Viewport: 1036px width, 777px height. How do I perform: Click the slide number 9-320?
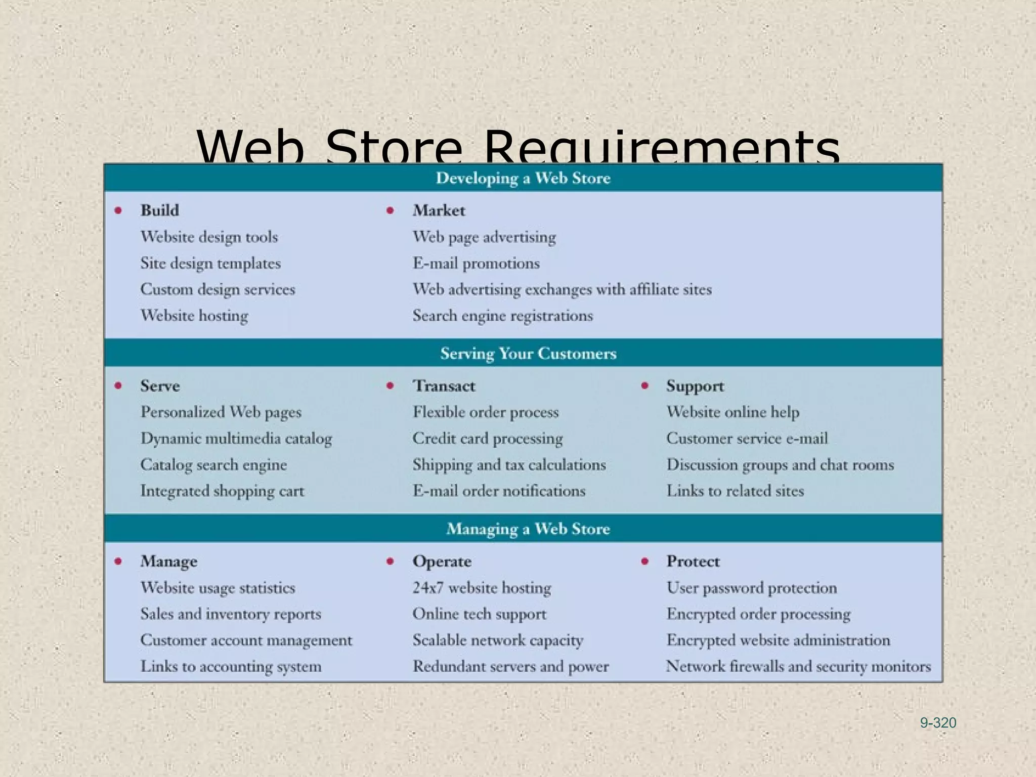(x=938, y=723)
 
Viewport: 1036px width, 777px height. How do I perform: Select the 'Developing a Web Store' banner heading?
(x=523, y=178)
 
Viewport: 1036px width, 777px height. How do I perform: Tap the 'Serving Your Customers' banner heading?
(x=528, y=353)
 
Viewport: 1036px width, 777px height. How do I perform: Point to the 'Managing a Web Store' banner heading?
(x=528, y=529)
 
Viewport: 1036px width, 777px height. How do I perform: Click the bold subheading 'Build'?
(x=160, y=210)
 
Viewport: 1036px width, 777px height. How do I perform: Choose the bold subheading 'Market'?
(x=439, y=210)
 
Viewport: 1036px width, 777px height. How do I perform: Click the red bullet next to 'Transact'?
(x=390, y=385)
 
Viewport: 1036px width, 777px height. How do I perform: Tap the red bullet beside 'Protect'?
(x=644, y=561)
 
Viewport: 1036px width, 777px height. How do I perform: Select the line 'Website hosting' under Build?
(x=194, y=316)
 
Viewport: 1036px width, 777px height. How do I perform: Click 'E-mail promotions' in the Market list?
(x=476, y=263)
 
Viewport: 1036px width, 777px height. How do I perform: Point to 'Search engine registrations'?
(x=502, y=316)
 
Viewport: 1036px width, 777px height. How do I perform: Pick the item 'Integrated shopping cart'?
(x=222, y=491)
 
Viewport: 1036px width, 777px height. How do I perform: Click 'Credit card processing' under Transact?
(x=487, y=438)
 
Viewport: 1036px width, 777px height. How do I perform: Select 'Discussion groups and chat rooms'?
(x=780, y=464)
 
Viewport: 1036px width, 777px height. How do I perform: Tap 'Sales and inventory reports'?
(x=231, y=614)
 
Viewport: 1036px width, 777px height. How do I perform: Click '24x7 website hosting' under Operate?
(x=482, y=587)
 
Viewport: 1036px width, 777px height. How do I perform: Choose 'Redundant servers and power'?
(x=510, y=666)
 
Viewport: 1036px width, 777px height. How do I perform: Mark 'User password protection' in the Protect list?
(x=752, y=587)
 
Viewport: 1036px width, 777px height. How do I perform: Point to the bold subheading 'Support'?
(x=695, y=385)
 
